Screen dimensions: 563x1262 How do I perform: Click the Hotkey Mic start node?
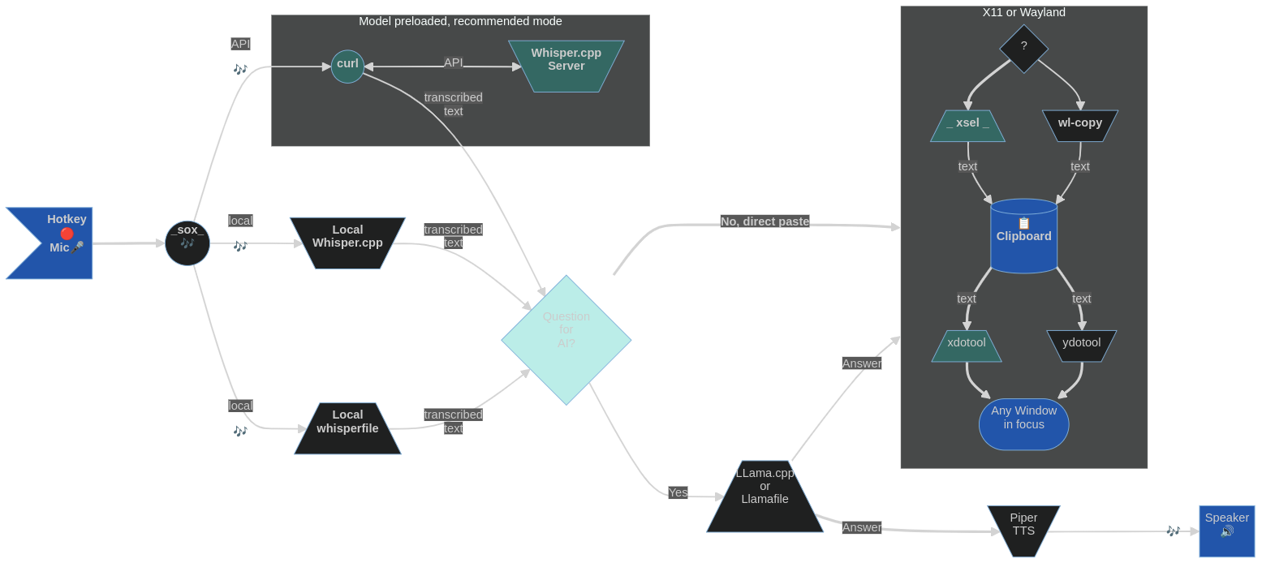click(57, 243)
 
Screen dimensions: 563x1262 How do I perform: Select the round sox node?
click(187, 243)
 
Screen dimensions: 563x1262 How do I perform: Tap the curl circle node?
click(347, 67)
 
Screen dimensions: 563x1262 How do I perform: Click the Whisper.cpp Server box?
click(566, 66)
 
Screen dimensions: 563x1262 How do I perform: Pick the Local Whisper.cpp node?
click(347, 243)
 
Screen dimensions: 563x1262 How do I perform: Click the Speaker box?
click(1226, 531)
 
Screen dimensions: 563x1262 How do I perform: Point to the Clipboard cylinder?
click(1023, 236)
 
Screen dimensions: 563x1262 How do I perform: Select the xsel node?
click(967, 126)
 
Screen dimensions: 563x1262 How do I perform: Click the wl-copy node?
click(1079, 126)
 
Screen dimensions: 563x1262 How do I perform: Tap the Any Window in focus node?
click(1023, 424)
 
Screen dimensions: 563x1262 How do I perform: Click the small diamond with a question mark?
click(1023, 49)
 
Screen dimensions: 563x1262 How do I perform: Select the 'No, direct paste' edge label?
click(765, 221)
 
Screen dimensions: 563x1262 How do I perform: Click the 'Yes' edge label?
click(678, 492)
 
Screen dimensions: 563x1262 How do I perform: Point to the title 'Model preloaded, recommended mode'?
click(460, 21)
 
